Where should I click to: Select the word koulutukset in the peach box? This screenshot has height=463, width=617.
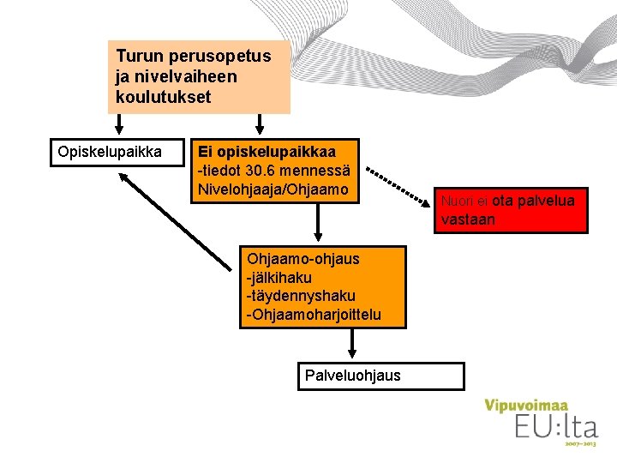coord(163,97)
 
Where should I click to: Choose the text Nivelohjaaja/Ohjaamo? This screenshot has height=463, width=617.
coord(273,188)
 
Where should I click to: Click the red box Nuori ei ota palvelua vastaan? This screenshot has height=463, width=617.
coord(512,210)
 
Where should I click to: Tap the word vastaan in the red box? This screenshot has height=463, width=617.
coord(468,220)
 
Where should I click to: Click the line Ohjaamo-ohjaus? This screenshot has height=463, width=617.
coord(303,258)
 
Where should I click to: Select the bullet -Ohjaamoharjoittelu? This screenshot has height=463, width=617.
coord(313,316)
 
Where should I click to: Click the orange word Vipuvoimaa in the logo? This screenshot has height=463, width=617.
coord(526,406)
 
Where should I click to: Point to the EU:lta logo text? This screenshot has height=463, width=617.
coord(554,427)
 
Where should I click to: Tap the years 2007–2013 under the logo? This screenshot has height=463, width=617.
coord(580,444)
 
